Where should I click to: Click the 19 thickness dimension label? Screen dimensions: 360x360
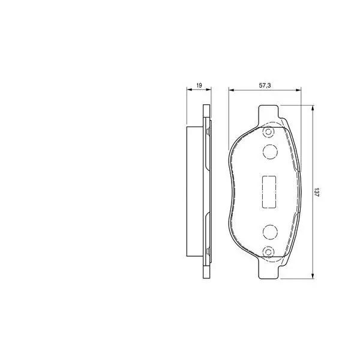[x=199, y=86]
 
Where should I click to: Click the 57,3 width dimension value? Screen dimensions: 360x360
[x=265, y=86]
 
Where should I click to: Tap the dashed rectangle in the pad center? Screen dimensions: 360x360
[x=268, y=191]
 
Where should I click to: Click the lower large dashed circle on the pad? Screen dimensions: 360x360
[x=269, y=232]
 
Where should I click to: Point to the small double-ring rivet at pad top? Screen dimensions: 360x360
[x=269, y=132]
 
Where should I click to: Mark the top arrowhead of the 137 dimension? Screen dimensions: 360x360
[x=313, y=107]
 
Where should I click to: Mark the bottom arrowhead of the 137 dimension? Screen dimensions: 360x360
[x=313, y=275]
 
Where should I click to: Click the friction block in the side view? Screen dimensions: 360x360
[x=196, y=192]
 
